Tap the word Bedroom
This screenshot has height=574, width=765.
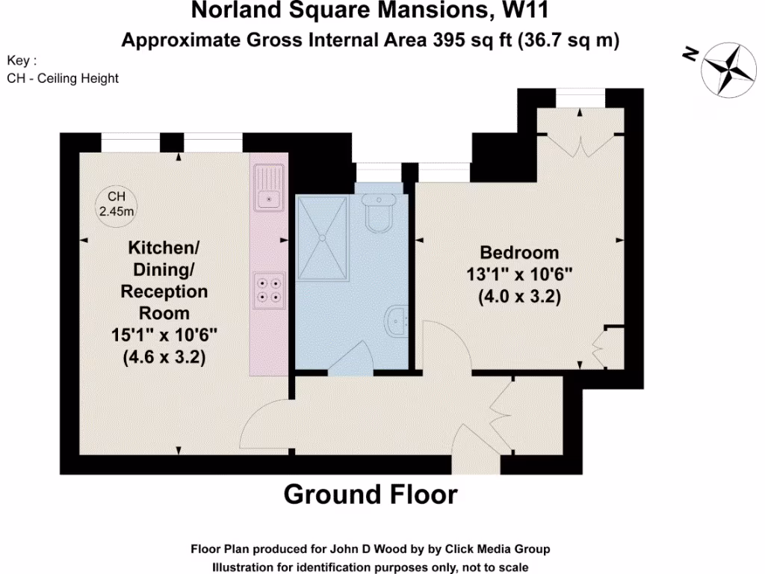click(x=519, y=253)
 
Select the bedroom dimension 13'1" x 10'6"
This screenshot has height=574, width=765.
click(x=519, y=274)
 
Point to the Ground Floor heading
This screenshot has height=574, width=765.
click(x=371, y=494)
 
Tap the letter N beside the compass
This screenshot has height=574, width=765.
click(x=690, y=54)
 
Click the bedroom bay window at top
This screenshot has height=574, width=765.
click(x=580, y=97)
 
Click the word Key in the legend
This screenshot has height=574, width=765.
click(x=19, y=61)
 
